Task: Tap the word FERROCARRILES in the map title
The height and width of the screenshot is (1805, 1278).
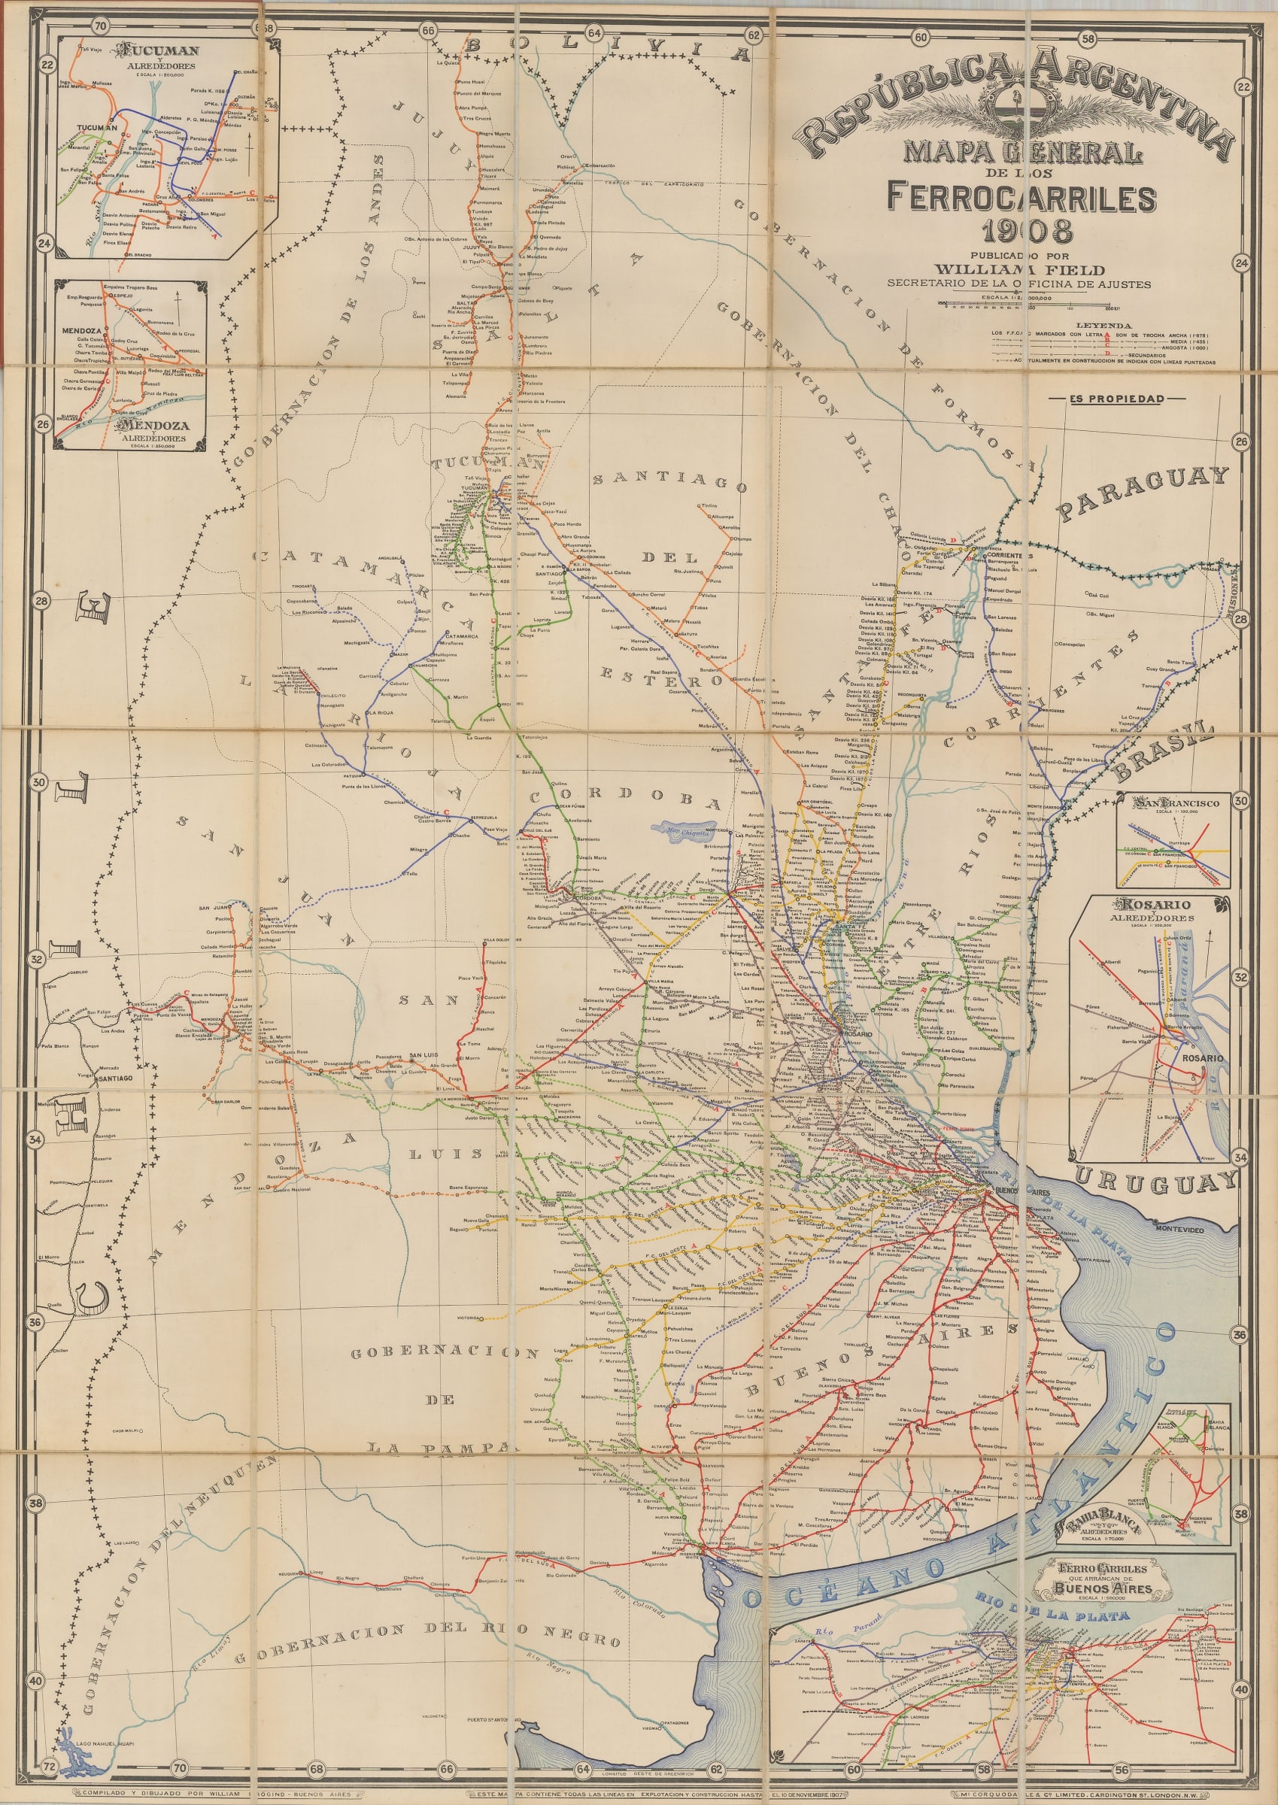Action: click(1021, 198)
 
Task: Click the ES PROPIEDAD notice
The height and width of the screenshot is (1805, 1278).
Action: click(1116, 399)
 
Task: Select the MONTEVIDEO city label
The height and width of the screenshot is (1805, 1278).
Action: click(1179, 1229)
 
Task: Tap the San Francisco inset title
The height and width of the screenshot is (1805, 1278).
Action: click(1176, 803)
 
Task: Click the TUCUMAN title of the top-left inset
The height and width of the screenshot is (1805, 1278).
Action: click(157, 51)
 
